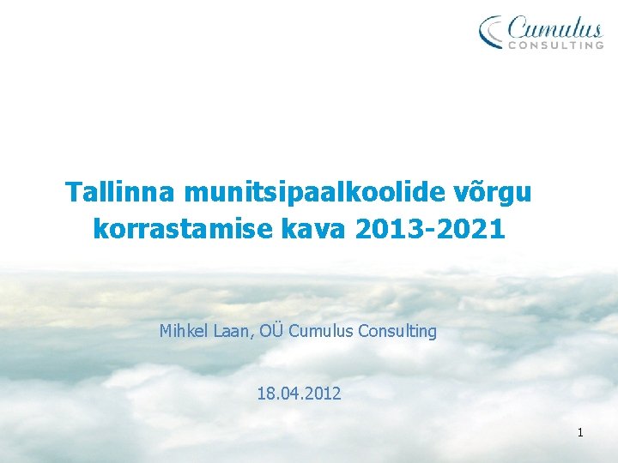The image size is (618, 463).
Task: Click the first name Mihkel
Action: [183, 331]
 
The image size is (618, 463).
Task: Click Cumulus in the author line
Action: [321, 331]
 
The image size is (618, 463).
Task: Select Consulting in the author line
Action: [397, 332]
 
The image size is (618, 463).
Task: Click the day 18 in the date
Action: [265, 394]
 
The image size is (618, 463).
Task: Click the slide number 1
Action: [579, 433]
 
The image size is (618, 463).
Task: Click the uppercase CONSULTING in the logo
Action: [556, 45]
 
